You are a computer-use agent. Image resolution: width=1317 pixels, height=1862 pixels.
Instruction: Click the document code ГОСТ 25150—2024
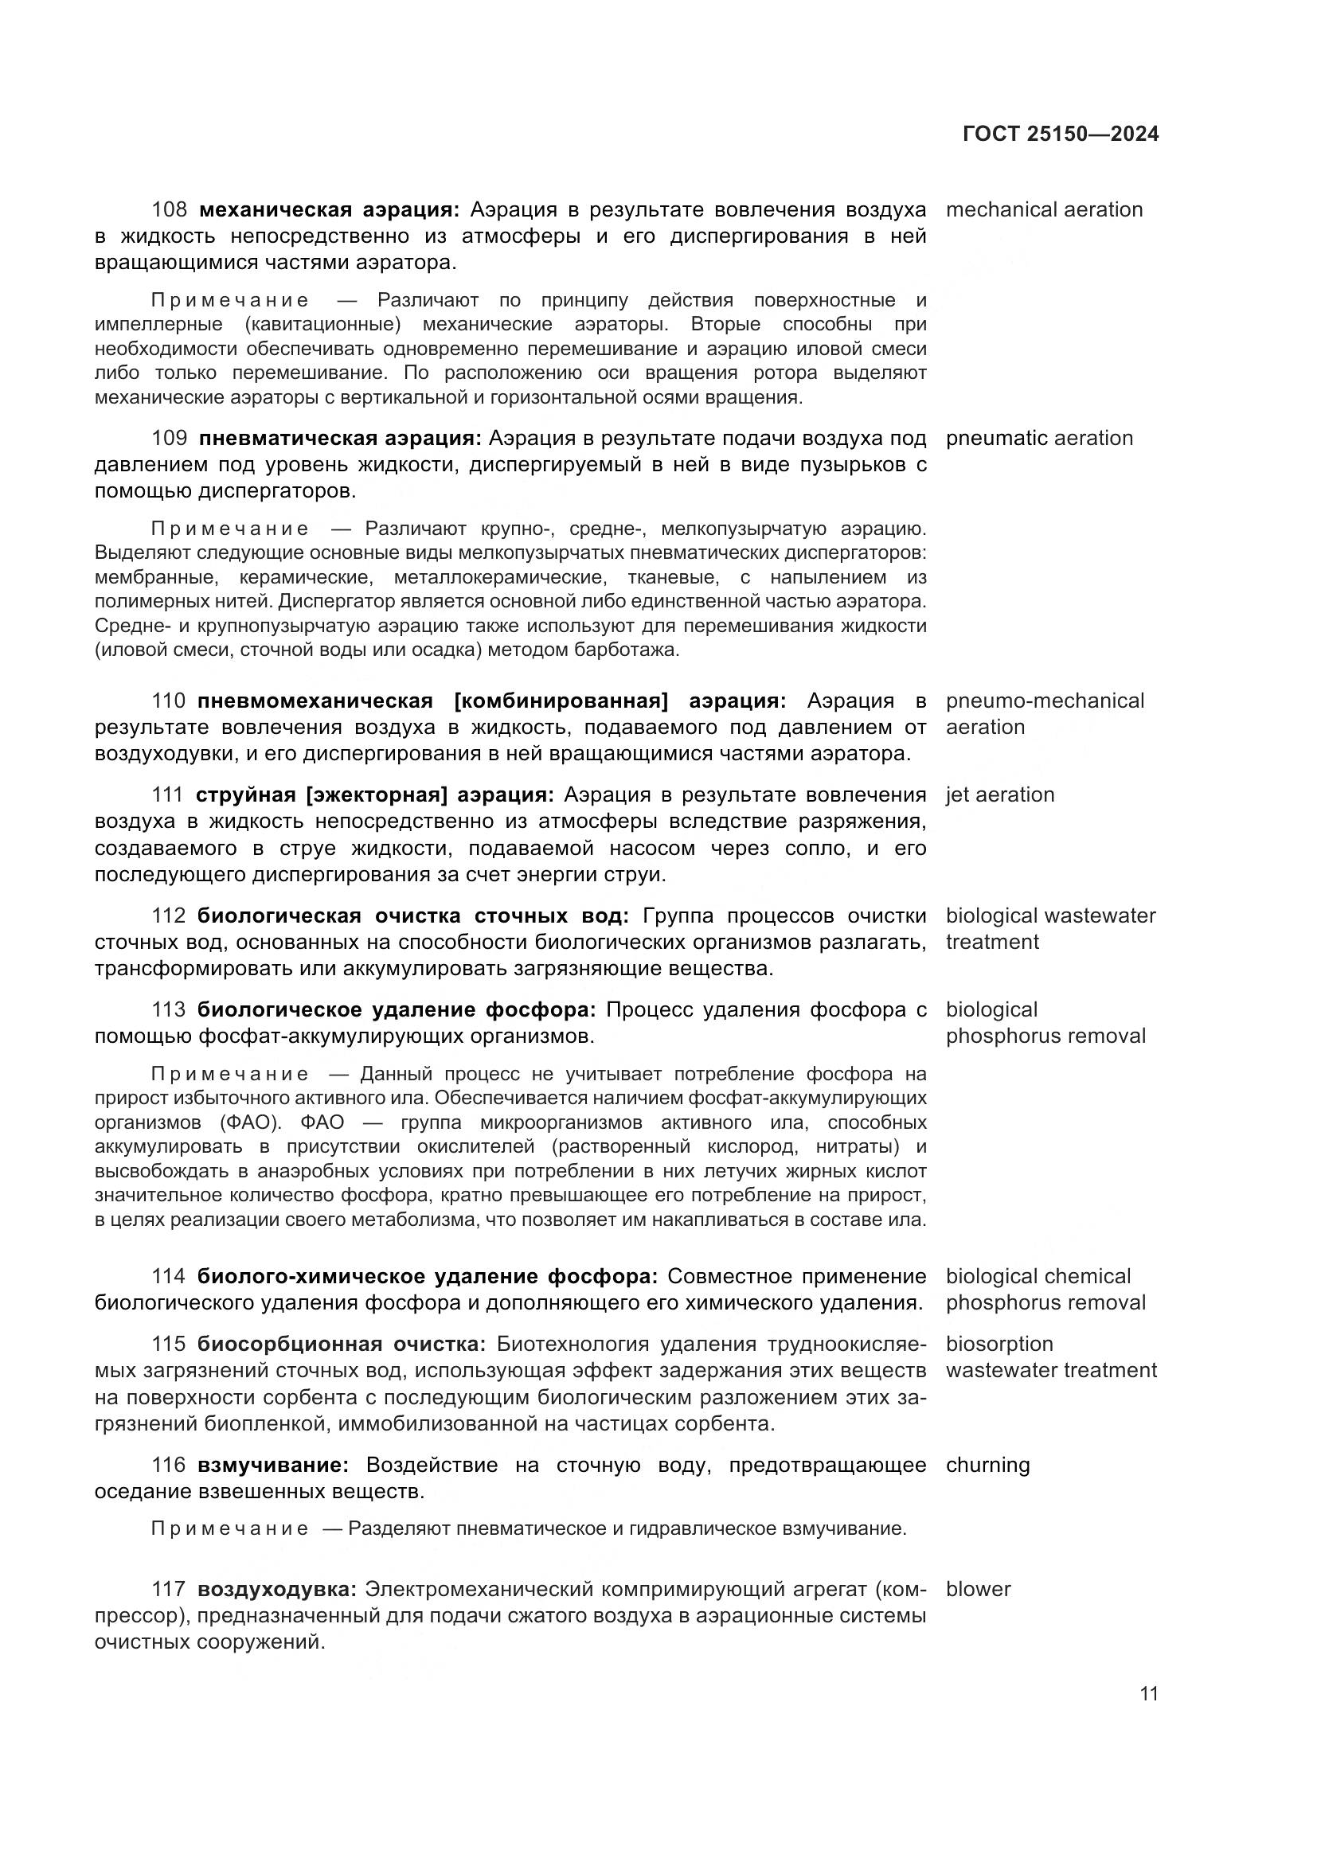pos(1060,135)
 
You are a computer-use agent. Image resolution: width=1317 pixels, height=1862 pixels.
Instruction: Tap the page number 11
pos(1148,1694)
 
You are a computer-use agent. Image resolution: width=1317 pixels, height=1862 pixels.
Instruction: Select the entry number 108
pos(169,210)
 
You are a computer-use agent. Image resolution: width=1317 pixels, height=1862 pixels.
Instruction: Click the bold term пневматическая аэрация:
pos(340,439)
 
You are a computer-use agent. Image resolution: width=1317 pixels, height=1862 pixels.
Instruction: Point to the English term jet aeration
pos(1000,794)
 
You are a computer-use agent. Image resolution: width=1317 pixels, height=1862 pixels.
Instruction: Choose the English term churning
pos(987,1466)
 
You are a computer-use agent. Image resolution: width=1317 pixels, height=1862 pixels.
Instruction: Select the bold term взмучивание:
pos(273,1466)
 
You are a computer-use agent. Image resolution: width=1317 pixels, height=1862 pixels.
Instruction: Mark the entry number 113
pos(169,1009)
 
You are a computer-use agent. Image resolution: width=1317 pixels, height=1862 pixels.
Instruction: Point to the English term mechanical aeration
pos(1044,210)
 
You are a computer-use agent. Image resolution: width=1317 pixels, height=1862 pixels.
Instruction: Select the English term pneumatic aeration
pos(1039,439)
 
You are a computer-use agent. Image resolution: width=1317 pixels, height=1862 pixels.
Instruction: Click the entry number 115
pos(169,1344)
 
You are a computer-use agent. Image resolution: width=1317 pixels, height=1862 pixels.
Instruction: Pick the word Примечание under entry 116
pos(229,1528)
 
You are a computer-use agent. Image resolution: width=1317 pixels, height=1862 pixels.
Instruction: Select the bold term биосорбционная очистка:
pos(342,1344)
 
